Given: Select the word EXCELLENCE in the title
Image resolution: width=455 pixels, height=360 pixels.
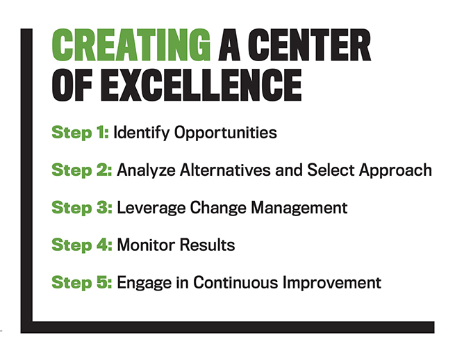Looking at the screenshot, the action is coord(201,85).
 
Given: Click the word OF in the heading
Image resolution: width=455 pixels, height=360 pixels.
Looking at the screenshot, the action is coord(72,85).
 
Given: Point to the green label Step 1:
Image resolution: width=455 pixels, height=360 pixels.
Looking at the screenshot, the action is coord(81,133).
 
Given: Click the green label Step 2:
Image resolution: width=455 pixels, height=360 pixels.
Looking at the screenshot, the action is coord(82,170).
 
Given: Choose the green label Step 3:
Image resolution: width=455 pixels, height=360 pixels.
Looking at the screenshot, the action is coord(82,208).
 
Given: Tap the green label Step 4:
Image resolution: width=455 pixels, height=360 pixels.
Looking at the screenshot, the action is coord(82,245).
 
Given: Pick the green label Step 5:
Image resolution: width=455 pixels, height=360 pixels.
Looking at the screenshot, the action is coord(82,283).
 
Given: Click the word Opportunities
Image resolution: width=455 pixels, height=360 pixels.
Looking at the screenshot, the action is coord(226,133).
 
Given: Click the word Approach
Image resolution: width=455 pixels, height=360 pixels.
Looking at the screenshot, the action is coord(395,170).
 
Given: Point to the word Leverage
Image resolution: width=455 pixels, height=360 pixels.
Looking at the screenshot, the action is coord(151,208).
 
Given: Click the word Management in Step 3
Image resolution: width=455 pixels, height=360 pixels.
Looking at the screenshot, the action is coord(299,208).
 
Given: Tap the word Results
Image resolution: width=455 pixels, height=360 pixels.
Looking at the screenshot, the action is coord(207,245).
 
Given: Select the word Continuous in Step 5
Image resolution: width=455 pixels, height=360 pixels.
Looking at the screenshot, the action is coord(235,282).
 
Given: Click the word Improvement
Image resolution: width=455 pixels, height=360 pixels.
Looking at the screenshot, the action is coord(331,283).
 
